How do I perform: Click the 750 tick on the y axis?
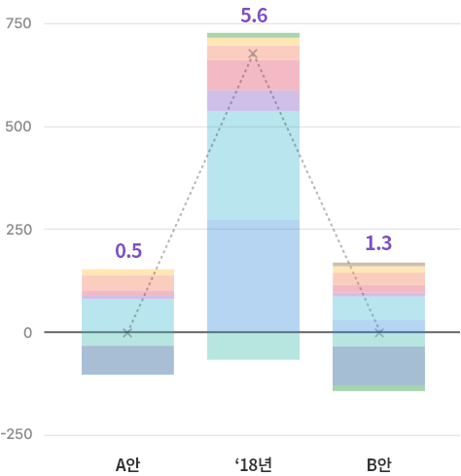click(18, 23)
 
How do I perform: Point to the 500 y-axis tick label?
click(18, 127)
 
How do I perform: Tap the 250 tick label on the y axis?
click(19, 230)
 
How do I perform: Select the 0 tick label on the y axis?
click(27, 333)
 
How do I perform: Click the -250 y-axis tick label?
click(17, 434)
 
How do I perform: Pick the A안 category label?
click(127, 464)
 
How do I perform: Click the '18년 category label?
click(254, 464)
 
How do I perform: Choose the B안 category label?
click(378, 464)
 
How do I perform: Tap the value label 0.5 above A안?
click(128, 251)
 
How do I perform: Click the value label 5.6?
click(254, 16)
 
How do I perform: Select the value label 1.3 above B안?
click(378, 243)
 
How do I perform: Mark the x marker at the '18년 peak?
click(253, 54)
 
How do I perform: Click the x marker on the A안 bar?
click(127, 333)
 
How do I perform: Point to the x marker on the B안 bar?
click(379, 333)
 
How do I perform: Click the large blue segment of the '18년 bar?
click(253, 276)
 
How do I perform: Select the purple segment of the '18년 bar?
click(253, 100)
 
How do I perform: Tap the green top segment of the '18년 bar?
click(253, 35)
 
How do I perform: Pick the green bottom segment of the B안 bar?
click(378, 388)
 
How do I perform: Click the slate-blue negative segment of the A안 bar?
click(127, 360)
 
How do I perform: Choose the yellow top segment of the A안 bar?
click(127, 273)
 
